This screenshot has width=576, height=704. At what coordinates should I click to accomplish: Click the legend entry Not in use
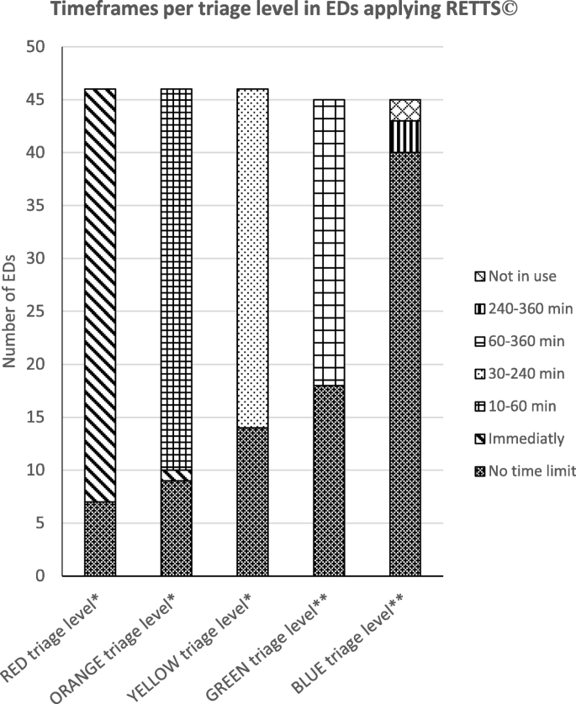pyautogui.click(x=517, y=276)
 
